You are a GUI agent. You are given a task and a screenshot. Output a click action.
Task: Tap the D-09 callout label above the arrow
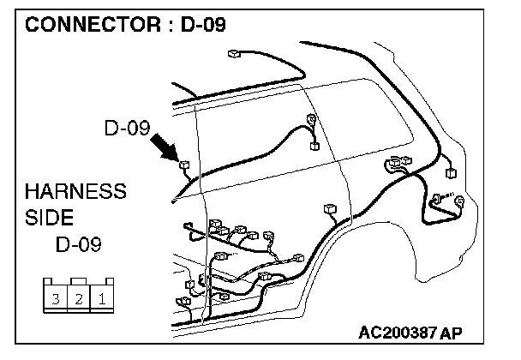coord(128,129)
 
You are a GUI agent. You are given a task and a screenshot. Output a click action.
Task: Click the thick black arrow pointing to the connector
coord(165,146)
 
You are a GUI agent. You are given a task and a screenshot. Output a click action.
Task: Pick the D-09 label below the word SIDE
coord(79,244)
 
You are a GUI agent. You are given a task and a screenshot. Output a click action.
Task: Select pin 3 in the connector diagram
coord(55,299)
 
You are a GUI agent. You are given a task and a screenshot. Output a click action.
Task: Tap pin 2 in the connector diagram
coord(78,299)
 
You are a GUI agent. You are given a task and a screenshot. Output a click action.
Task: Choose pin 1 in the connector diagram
coord(100,299)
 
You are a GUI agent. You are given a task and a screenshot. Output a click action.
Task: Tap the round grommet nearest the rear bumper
coord(460,203)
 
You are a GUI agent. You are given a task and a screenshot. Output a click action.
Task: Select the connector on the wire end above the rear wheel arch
coord(330,208)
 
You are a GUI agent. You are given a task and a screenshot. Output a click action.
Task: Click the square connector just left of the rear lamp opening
coord(451,172)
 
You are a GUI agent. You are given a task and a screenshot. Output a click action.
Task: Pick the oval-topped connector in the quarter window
coord(312,120)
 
